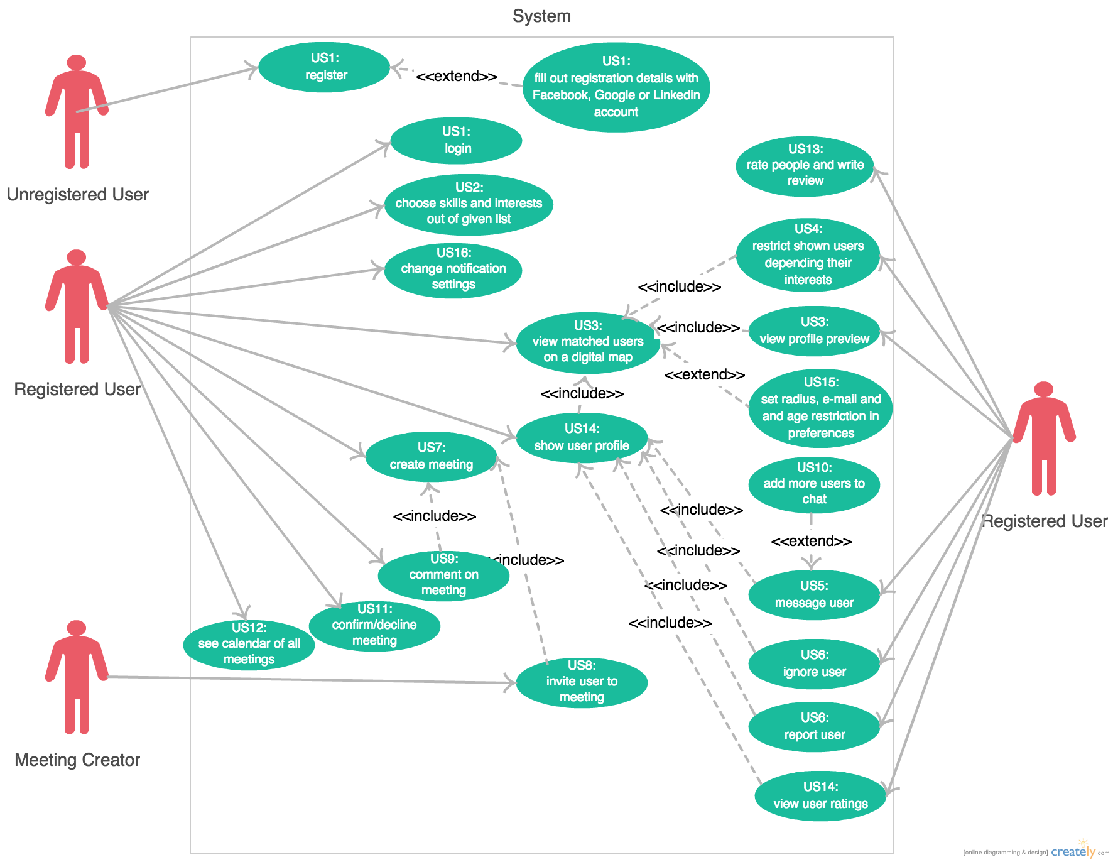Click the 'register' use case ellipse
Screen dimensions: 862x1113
coord(324,67)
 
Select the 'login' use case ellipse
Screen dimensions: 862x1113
coord(456,141)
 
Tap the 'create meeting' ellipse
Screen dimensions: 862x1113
coord(431,457)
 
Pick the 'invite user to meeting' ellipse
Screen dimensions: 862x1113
coord(582,682)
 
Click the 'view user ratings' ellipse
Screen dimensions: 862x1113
coord(820,796)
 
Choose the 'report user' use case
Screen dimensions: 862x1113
coord(814,727)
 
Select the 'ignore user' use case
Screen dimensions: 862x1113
coord(814,664)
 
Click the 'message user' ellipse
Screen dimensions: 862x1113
coord(814,595)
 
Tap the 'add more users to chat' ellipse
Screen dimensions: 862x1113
coord(814,484)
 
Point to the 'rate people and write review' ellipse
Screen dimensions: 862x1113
coord(805,166)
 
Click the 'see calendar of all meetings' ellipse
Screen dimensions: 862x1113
coord(249,645)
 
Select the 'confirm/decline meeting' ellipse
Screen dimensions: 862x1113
coord(374,626)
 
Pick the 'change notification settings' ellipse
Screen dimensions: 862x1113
coord(453,270)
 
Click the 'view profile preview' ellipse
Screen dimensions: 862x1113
coord(814,331)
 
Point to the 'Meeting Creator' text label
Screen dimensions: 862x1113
coord(77,760)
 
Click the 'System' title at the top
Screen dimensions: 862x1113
coord(541,16)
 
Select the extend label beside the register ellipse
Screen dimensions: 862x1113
coord(457,77)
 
